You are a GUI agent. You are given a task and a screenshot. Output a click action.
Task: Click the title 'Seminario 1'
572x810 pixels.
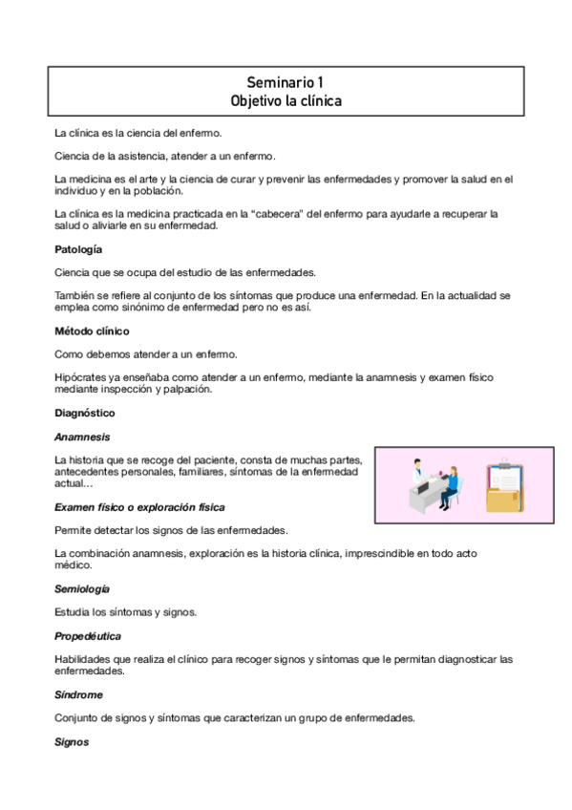pyautogui.click(x=286, y=83)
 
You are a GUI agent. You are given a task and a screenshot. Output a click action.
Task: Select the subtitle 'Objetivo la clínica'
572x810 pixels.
pyautogui.click(x=286, y=100)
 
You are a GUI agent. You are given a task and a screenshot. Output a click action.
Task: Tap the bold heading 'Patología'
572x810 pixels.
pyautogui.click(x=78, y=249)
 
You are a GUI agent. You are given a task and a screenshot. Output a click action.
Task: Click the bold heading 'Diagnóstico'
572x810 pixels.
pyautogui.click(x=85, y=413)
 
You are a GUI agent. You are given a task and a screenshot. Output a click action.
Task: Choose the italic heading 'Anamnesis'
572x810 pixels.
pyautogui.click(x=82, y=437)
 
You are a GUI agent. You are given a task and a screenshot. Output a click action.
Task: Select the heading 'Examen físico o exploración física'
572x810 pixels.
pyautogui.click(x=139, y=506)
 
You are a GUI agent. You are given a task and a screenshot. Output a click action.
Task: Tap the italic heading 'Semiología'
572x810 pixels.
pyautogui.click(x=82, y=588)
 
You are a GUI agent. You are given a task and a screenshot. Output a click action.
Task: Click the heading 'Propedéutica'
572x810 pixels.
pyautogui.click(x=88, y=635)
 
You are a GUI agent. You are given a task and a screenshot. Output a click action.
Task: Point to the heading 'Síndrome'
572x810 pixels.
pyautogui.click(x=78, y=694)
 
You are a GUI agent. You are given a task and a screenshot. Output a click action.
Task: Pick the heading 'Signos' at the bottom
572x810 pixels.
pyautogui.click(x=72, y=741)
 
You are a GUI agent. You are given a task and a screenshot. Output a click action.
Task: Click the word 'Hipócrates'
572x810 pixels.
pyautogui.click(x=80, y=377)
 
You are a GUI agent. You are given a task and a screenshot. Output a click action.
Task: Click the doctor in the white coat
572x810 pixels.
pyautogui.click(x=417, y=475)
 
